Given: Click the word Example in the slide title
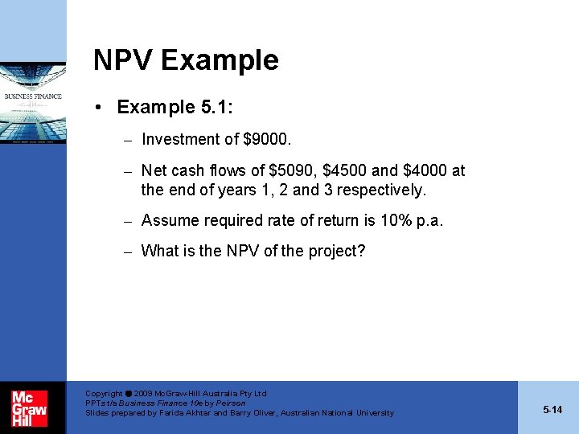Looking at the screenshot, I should [219, 60].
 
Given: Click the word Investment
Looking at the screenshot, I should [179, 140].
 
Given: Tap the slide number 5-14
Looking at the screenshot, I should [552, 410].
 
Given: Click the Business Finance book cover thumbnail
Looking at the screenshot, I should [34, 104].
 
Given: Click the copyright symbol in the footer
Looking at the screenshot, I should [129, 394].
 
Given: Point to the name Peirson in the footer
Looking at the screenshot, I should [228, 403].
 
